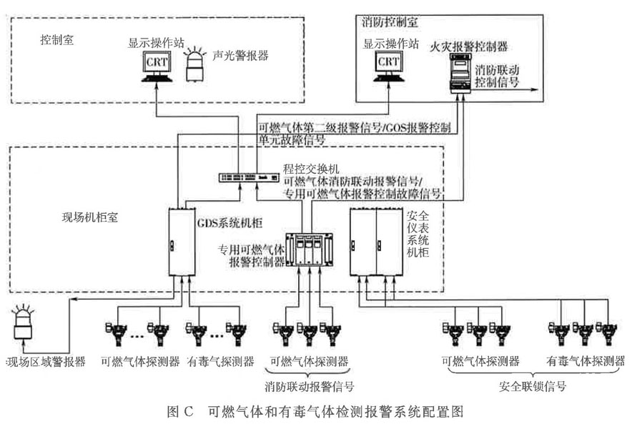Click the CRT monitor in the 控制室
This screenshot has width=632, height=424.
tap(156, 66)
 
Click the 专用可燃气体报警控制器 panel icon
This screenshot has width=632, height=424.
tap(306, 250)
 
